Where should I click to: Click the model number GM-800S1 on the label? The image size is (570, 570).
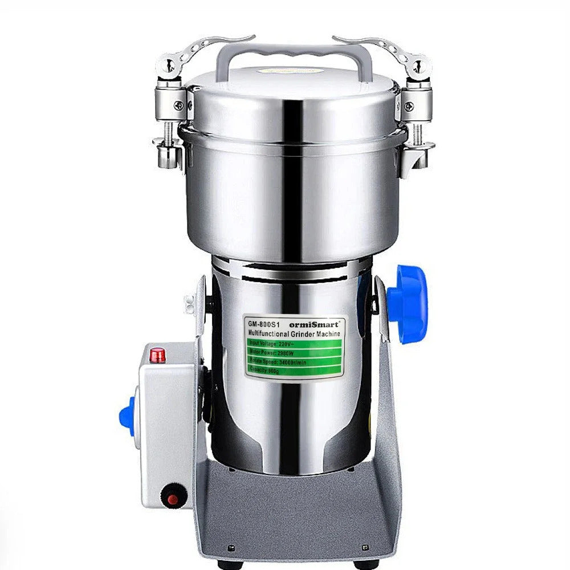[x=263, y=323]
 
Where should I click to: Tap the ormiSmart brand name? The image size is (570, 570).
[x=319, y=323]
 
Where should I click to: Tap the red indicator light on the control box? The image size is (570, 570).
[x=157, y=356]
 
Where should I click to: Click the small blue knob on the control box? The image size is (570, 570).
[x=127, y=417]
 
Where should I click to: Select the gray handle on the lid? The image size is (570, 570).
[x=294, y=54]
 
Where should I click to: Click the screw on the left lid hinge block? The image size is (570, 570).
[x=179, y=105]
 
